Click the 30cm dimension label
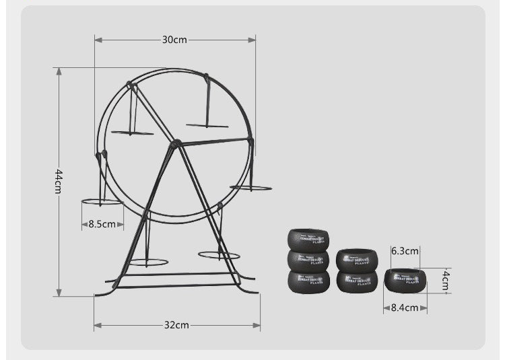[x=174, y=40]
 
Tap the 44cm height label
[x=59, y=182]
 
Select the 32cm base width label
[x=176, y=325]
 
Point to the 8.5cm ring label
[x=102, y=224]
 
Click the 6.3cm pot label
[x=405, y=251]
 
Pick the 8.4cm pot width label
[x=405, y=308]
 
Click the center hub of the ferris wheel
[x=176, y=143]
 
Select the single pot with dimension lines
[x=405, y=280]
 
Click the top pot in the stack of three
[x=308, y=240]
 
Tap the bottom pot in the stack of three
[x=308, y=281]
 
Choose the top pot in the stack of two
[x=357, y=260]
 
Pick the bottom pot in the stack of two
[x=357, y=281]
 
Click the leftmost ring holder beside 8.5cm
[x=102, y=201]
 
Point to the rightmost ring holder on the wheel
[x=250, y=188]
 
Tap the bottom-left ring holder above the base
[x=148, y=262]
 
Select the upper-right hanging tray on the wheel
[x=207, y=125]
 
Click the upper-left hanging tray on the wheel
[x=133, y=133]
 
